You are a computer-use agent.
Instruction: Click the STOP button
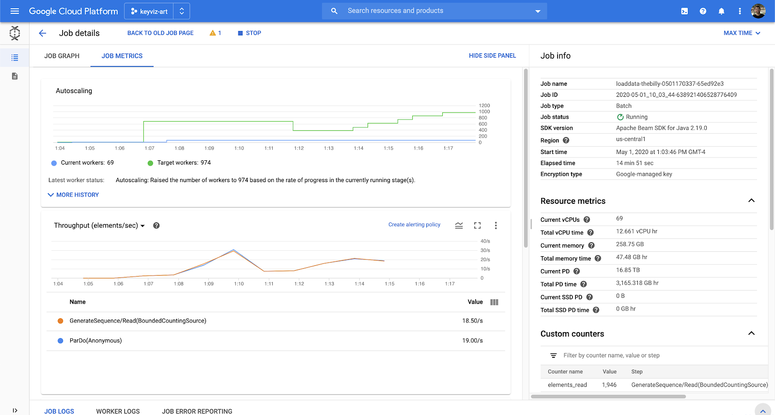(249, 33)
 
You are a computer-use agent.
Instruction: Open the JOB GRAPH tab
(62, 56)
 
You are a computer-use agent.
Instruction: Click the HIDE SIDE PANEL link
(492, 56)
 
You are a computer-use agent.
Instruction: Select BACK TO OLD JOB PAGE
(160, 33)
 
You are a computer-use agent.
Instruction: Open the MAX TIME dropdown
(742, 33)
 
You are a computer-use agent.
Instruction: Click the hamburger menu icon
(15, 11)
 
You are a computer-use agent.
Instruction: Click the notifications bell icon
(721, 11)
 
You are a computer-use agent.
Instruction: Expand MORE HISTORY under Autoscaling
(73, 195)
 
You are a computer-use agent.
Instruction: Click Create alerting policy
(414, 225)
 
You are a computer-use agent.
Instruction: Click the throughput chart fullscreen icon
(477, 225)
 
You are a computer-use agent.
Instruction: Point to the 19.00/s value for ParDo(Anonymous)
(472, 340)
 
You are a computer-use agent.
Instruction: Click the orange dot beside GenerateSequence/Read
(61, 321)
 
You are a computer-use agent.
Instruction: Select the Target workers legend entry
(179, 163)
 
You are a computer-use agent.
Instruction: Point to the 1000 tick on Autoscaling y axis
(484, 112)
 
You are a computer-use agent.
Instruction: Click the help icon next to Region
(566, 140)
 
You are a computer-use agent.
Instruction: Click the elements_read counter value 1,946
(609, 385)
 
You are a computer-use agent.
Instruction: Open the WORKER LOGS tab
(118, 411)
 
